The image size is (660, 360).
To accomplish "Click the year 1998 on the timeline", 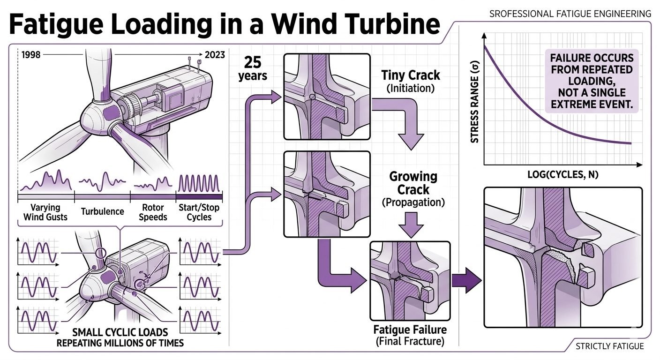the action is click(x=31, y=55).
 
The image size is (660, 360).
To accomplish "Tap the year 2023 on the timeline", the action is click(x=215, y=55).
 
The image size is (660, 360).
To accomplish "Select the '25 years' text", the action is click(x=253, y=68).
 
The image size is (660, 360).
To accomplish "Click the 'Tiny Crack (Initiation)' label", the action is click(x=411, y=81).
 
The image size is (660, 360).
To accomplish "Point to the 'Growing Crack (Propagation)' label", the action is click(x=413, y=189).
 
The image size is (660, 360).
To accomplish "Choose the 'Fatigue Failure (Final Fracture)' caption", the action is click(x=410, y=335).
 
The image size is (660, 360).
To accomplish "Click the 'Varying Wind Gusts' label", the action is click(x=45, y=212).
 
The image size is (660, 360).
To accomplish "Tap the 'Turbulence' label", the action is click(x=103, y=211).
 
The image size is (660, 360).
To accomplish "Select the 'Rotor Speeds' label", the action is click(x=153, y=212).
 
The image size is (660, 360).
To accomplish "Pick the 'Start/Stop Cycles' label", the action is click(x=199, y=212).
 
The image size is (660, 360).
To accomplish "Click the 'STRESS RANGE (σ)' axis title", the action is click(x=474, y=102).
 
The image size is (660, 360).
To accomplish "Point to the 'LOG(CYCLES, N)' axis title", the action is click(x=563, y=175).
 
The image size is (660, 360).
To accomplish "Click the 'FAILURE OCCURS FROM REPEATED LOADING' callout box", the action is click(x=592, y=81).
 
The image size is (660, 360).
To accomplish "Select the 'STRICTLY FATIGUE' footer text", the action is click(x=610, y=346).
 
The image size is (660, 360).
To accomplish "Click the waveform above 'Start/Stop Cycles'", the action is click(x=199, y=183).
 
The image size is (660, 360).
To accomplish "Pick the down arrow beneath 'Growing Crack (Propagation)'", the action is click(x=411, y=225).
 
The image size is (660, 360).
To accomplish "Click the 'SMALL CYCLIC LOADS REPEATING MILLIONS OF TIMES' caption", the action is click(x=120, y=337).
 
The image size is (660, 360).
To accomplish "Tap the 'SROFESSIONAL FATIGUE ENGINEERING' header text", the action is click(x=570, y=14).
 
